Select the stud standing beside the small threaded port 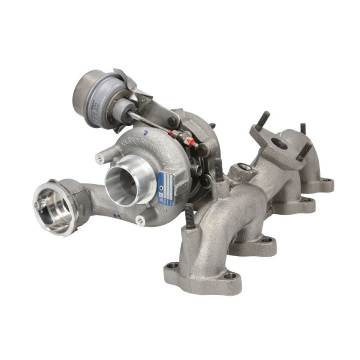tap(218, 169)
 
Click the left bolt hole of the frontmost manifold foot tap(172, 265)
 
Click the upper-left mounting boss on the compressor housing tap(100, 158)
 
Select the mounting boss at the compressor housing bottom tap(142, 218)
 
